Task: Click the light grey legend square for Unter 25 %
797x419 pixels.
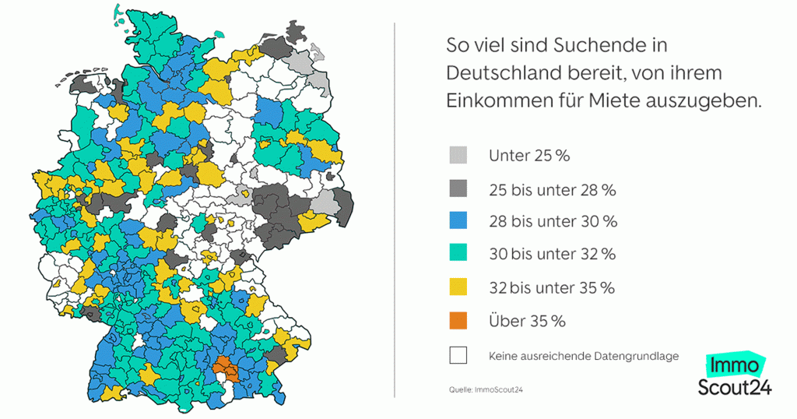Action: pos(458,155)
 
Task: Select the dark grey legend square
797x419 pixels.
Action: pos(458,188)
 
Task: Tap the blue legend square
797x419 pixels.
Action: pos(458,221)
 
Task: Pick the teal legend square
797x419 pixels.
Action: pos(458,254)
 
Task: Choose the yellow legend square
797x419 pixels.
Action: pos(458,287)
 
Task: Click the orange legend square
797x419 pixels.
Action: pos(458,321)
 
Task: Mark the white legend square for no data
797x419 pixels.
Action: pos(458,355)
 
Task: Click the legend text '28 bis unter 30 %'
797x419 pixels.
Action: pos(553,221)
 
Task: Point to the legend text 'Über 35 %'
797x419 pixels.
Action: pos(527,321)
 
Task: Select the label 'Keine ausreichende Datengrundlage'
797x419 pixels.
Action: pos(584,356)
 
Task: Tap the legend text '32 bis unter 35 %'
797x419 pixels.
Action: pos(552,287)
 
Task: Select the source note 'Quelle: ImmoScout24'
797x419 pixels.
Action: pos(485,389)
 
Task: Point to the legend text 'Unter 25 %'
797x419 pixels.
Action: pos(529,155)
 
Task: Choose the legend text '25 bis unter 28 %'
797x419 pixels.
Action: pos(552,188)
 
